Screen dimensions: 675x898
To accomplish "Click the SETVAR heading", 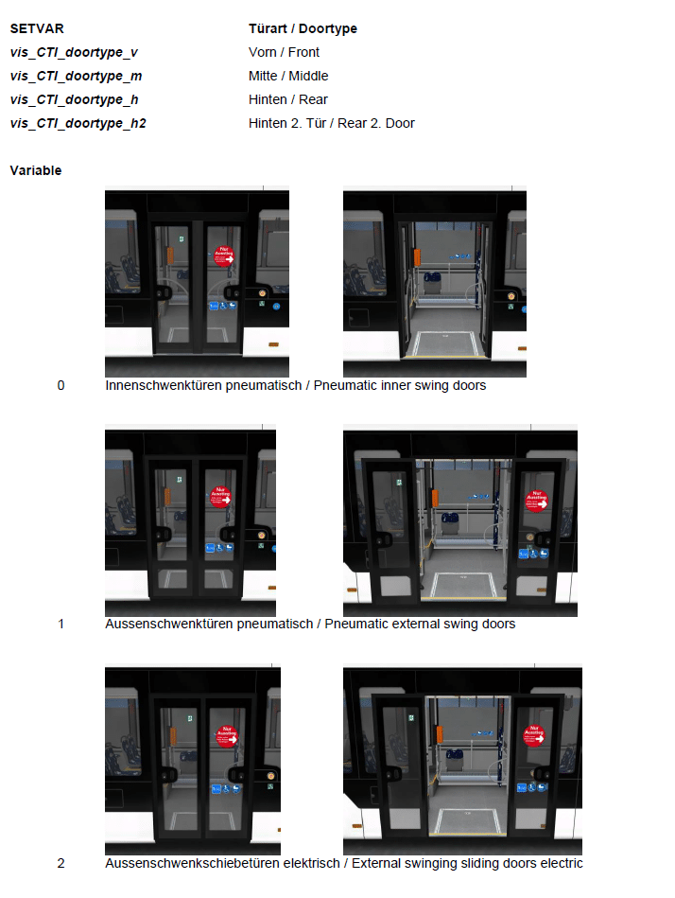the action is pyautogui.click(x=37, y=28).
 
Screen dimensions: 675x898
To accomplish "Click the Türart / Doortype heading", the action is pyautogui.click(x=303, y=28).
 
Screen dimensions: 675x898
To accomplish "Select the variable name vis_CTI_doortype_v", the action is pyautogui.click(x=74, y=53).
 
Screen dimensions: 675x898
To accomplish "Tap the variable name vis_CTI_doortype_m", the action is pyautogui.click(x=76, y=76).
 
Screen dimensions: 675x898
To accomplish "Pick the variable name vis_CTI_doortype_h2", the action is pyautogui.click(x=78, y=123).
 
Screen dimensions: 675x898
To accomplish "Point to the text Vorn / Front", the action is pyautogui.click(x=284, y=52).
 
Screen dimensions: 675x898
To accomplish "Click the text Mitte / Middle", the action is pyautogui.click(x=288, y=76).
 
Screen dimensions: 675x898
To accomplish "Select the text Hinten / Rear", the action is pyautogui.click(x=287, y=99).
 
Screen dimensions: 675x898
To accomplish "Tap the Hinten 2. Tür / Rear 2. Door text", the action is pyautogui.click(x=331, y=123).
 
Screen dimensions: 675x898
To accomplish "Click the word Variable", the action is pyautogui.click(x=36, y=170).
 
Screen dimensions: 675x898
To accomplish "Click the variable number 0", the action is pyautogui.click(x=61, y=385).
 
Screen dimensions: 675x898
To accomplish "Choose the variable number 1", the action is pyautogui.click(x=61, y=624).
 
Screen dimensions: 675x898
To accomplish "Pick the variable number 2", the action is pyautogui.click(x=61, y=863).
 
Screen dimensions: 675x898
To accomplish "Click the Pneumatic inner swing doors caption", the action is pyautogui.click(x=400, y=385).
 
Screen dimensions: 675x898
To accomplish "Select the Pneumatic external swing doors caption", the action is pyautogui.click(x=420, y=624).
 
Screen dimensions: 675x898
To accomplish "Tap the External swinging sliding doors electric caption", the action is pyautogui.click(x=467, y=863).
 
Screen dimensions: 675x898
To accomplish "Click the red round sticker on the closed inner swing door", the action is pyautogui.click(x=224, y=256).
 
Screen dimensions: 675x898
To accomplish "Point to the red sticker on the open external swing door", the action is pyautogui.click(x=537, y=502).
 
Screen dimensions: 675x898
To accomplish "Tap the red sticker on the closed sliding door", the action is pyautogui.click(x=227, y=736).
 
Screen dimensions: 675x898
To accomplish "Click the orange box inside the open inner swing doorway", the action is pyautogui.click(x=417, y=256).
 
